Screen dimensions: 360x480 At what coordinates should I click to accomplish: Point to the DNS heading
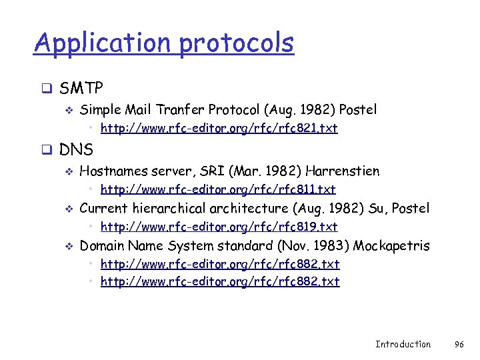[77, 149]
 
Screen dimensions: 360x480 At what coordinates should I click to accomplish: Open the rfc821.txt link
[219, 128]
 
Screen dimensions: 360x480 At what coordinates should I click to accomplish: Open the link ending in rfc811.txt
[217, 189]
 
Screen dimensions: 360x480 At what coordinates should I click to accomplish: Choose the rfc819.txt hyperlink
[219, 227]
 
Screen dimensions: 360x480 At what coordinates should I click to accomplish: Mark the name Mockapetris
[391, 246]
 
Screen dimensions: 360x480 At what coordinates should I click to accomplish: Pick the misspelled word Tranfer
[182, 109]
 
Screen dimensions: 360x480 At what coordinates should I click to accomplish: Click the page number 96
[459, 344]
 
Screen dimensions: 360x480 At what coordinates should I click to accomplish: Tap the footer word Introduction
[403, 344]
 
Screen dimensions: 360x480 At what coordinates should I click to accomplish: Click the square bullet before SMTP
[47, 88]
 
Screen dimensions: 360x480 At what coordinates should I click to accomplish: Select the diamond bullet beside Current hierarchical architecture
[67, 209]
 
